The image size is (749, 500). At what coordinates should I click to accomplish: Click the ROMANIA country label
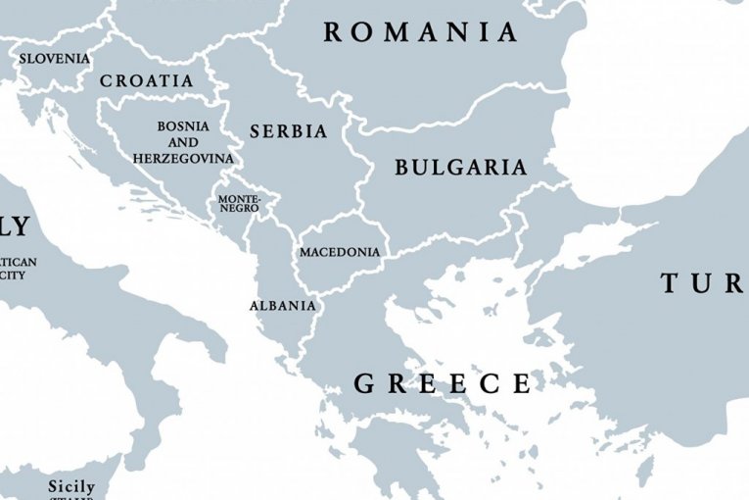(421, 32)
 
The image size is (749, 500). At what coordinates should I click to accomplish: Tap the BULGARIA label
(460, 168)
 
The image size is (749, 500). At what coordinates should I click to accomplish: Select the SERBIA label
(288, 131)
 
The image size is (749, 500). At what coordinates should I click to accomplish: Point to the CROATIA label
(146, 81)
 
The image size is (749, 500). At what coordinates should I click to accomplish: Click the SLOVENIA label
(55, 59)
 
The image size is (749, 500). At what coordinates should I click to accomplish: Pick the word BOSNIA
(183, 126)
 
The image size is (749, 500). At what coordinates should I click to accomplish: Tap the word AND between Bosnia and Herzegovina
(183, 142)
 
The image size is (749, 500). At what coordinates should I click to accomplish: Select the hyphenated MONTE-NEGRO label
(239, 203)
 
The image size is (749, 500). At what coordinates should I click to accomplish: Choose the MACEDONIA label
(339, 252)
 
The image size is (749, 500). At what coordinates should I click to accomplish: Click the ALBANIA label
(283, 306)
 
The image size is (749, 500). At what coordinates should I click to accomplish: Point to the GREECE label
(443, 383)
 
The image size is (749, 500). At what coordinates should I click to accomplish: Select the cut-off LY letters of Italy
(15, 227)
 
